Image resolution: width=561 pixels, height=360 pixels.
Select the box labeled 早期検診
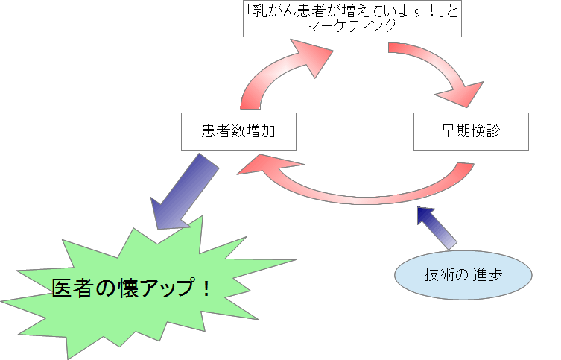click(471, 131)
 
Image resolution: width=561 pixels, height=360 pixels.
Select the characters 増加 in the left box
click(253, 132)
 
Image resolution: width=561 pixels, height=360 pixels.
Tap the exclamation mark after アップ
click(206, 288)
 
